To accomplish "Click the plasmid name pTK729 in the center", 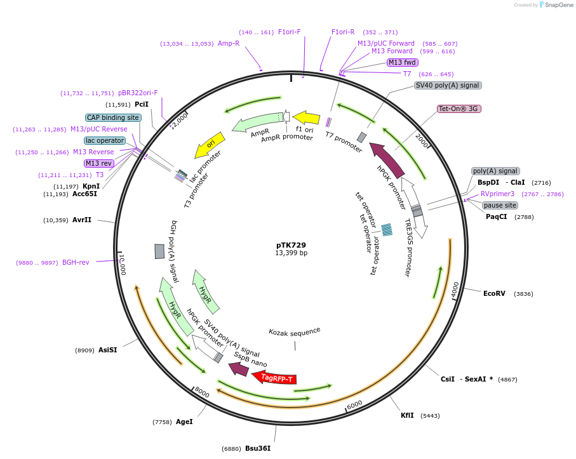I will click(291, 244).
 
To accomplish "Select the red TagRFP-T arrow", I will click(275, 378).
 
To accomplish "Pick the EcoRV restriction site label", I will click(494, 293).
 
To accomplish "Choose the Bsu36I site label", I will click(258, 448).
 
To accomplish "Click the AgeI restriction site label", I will click(184, 421).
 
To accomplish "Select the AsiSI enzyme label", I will click(107, 350).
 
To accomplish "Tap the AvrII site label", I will click(82, 220).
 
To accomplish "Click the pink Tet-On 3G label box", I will click(459, 109).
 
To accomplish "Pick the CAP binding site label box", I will click(113, 117).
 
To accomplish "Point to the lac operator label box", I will click(105, 140).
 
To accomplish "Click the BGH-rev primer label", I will click(76, 262).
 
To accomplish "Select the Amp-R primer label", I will click(229, 44).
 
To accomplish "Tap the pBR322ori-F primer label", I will click(138, 93).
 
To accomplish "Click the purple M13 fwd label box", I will click(403, 62).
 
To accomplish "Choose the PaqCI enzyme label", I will click(496, 216).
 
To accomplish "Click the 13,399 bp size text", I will click(291, 253).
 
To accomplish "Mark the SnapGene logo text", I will click(556, 4).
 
